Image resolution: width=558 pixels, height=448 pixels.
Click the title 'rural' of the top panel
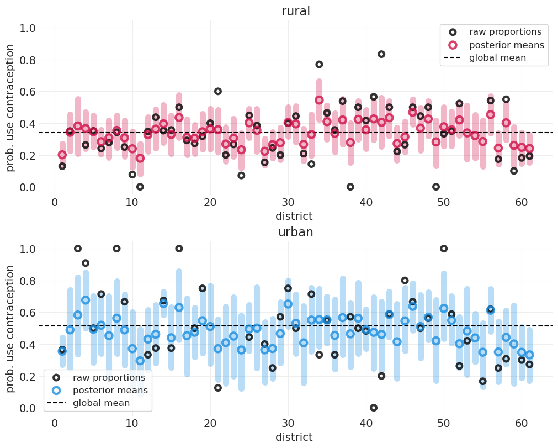pyautogui.click(x=295, y=12)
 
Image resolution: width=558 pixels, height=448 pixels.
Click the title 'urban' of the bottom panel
pyautogui.click(x=295, y=233)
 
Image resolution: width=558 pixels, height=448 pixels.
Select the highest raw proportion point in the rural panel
pyautogui.click(x=381, y=54)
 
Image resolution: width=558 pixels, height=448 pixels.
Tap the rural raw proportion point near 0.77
pyautogui.click(x=319, y=65)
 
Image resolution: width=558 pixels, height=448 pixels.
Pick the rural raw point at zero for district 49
pyautogui.click(x=436, y=187)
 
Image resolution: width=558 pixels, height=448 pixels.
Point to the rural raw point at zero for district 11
pyautogui.click(x=140, y=187)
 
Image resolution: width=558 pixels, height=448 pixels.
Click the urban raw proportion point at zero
pyautogui.click(x=374, y=408)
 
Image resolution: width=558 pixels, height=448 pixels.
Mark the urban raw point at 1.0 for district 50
pyautogui.click(x=444, y=249)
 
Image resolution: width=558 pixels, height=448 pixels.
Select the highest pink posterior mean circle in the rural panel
pyautogui.click(x=319, y=100)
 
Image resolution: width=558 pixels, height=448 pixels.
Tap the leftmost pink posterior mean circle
pyautogui.click(x=62, y=155)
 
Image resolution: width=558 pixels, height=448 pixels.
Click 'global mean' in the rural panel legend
pyautogui.click(x=497, y=58)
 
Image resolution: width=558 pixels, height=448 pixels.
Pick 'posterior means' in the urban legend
pyautogui.click(x=110, y=391)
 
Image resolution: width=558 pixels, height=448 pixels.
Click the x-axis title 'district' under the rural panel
pyautogui.click(x=294, y=217)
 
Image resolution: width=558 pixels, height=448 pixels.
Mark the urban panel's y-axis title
pyautogui.click(x=10, y=329)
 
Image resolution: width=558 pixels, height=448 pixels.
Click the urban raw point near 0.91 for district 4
pyautogui.click(x=86, y=263)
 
